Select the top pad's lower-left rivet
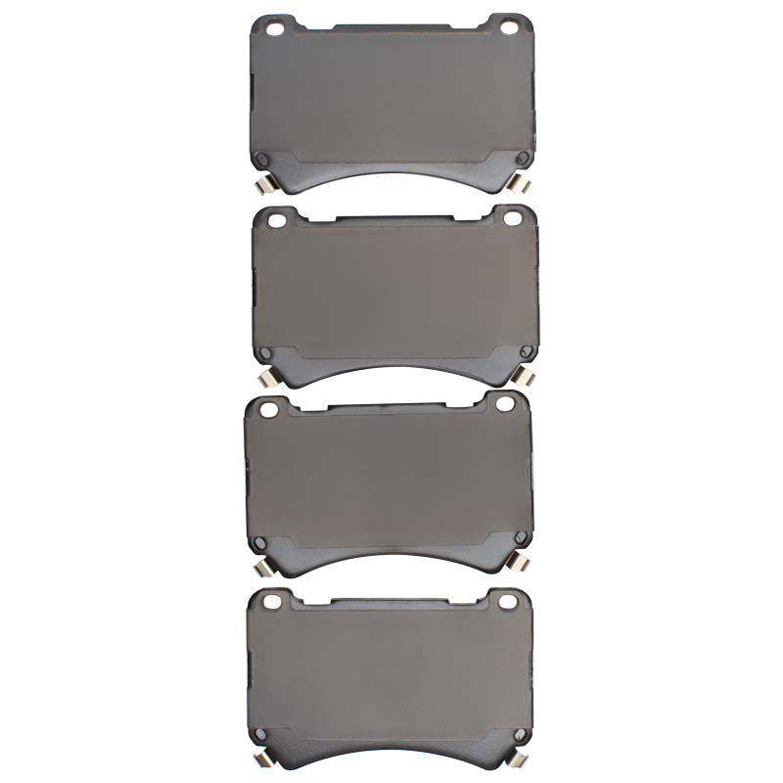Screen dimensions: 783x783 pyautogui.click(x=261, y=161)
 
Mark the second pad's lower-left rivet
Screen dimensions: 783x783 pyautogui.click(x=261, y=353)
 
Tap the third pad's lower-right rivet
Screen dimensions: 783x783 pyautogui.click(x=519, y=540)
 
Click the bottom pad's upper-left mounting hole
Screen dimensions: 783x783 pyautogui.click(x=273, y=600)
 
